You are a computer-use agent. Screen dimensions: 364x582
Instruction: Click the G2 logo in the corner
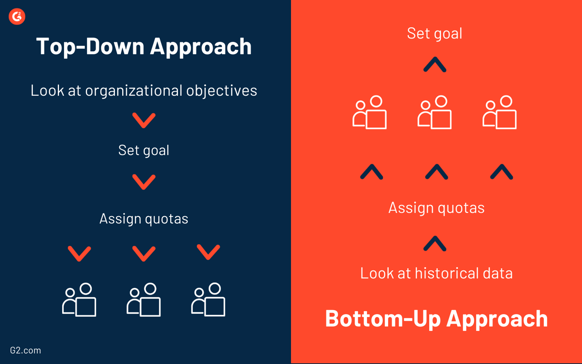(17, 16)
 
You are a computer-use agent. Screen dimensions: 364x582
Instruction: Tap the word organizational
(134, 91)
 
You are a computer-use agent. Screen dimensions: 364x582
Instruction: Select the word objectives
(221, 91)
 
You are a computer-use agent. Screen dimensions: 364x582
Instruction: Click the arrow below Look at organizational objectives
(144, 120)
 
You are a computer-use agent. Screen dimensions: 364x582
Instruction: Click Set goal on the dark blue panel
(144, 150)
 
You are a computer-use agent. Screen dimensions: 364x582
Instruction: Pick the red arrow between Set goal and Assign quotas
(144, 182)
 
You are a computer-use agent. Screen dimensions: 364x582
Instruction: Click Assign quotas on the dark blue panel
(144, 218)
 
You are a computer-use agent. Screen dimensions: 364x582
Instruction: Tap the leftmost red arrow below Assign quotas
(79, 253)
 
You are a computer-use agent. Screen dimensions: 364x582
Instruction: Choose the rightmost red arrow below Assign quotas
(208, 252)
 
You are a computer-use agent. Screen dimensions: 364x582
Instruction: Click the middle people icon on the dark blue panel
(144, 300)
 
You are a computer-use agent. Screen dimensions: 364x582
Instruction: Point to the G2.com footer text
(25, 350)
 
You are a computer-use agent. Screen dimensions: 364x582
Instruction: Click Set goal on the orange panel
(435, 33)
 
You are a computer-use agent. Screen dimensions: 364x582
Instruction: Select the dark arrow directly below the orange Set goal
(435, 65)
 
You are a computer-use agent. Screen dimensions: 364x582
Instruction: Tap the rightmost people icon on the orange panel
(499, 112)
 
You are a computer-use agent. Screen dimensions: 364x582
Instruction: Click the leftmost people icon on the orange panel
(369, 112)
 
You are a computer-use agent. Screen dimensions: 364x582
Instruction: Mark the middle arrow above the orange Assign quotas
(436, 172)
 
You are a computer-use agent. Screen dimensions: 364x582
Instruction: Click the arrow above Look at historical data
(435, 244)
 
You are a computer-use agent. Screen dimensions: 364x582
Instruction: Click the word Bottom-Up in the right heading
(383, 318)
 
